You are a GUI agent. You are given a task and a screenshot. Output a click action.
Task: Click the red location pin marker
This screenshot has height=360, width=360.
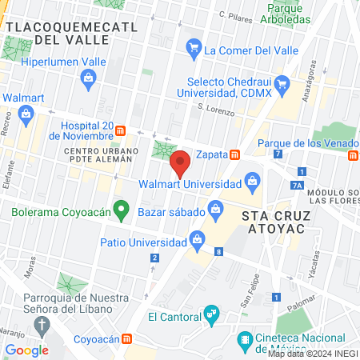pos(181,163)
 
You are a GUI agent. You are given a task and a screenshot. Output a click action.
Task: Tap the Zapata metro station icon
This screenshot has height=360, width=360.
pos(235,154)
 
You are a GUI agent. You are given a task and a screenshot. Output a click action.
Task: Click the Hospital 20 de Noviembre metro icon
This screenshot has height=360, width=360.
pos(120,130)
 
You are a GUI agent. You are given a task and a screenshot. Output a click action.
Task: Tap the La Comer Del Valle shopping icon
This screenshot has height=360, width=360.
pos(193,49)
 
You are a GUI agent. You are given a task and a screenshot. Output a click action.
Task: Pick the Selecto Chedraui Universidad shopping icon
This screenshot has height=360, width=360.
pos(281,83)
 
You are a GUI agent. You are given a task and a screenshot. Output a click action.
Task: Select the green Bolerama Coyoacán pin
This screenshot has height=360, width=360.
pos(121,211)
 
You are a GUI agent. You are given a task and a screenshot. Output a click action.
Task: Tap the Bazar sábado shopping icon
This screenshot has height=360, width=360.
pos(215,210)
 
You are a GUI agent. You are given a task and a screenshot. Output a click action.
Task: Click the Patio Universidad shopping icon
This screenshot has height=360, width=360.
pos(197,238)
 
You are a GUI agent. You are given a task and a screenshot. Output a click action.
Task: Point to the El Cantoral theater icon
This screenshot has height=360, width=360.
pos(211,314)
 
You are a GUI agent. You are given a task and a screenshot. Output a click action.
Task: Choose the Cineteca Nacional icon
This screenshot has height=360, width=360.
pos(245,339)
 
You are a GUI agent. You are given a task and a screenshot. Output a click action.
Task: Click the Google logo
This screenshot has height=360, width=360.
pos(26,350)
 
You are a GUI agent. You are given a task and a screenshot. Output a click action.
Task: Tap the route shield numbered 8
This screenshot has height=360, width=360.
pos(218,252)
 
